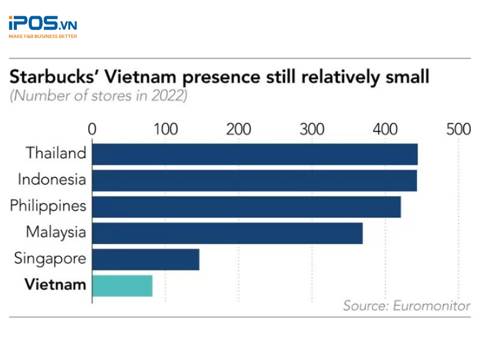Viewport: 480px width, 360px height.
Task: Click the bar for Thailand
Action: (254, 154)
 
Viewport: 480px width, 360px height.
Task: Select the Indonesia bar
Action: (254, 180)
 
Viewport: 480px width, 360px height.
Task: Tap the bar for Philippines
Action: (246, 206)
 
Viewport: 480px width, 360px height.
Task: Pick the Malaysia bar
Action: (227, 233)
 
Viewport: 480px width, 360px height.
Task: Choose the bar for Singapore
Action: (145, 259)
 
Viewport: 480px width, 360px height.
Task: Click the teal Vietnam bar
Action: (122, 286)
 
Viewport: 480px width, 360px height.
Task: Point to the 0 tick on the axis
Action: (92, 130)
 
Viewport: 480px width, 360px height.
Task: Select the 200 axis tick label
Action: (239, 130)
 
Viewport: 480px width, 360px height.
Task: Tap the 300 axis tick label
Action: (312, 130)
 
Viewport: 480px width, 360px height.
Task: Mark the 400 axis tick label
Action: (385, 130)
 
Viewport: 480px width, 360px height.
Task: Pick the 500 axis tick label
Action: (458, 130)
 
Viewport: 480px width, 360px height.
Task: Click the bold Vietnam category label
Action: (55, 284)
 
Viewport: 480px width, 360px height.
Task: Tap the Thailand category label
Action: (56, 153)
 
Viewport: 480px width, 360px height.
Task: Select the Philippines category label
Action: (48, 206)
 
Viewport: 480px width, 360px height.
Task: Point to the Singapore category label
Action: (50, 259)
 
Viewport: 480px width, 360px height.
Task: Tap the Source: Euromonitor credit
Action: (406, 306)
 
